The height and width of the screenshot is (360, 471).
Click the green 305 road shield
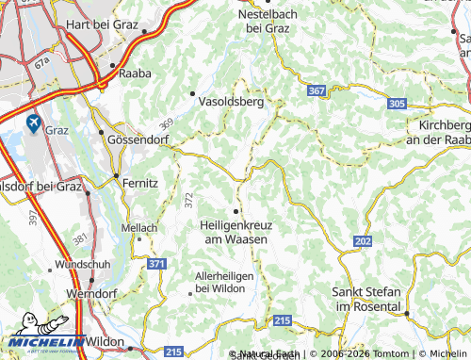(x=397, y=104)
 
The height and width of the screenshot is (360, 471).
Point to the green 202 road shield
(x=364, y=241)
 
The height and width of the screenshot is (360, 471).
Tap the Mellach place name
(x=141, y=228)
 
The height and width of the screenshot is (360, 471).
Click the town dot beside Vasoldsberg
(x=193, y=93)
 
